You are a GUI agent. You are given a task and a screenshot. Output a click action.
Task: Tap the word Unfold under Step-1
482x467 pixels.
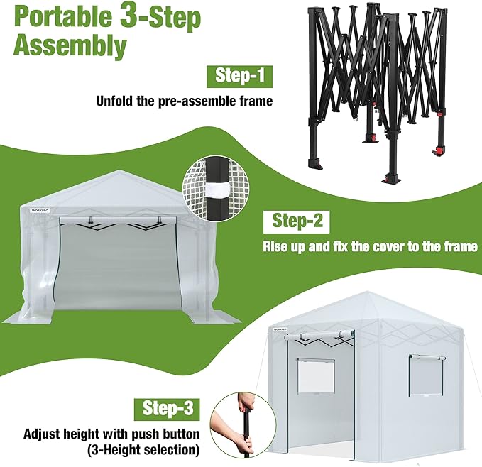[116, 101]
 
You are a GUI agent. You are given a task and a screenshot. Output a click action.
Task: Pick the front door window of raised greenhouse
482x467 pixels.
[315, 375]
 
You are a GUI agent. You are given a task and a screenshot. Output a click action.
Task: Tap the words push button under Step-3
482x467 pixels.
[166, 433]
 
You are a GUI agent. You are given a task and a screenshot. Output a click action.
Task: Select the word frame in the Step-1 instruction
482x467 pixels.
[255, 101]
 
